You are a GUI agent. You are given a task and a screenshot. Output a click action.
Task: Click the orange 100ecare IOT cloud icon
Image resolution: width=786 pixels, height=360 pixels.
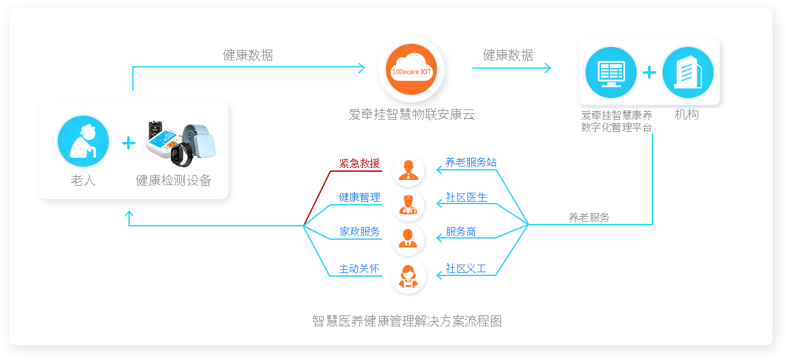point(411,70)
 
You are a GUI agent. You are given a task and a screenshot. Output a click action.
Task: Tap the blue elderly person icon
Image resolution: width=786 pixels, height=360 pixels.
point(83,141)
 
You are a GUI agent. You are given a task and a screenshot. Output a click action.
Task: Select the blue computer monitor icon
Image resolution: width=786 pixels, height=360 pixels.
point(610,73)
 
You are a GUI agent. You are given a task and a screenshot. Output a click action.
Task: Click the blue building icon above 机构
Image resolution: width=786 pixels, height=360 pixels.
point(687,73)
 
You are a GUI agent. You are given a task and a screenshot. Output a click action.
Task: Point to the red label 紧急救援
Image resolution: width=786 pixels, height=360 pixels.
point(359,163)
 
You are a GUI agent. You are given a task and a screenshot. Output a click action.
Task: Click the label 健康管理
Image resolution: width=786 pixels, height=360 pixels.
point(359,197)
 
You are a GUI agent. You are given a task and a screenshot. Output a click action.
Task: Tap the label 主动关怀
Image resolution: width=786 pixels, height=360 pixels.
point(359,268)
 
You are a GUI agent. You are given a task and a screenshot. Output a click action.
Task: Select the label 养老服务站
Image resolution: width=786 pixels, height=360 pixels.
point(471,162)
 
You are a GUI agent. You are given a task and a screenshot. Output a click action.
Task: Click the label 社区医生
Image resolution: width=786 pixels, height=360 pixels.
point(466,197)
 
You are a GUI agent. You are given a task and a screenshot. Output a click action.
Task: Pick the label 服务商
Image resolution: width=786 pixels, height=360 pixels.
point(461,232)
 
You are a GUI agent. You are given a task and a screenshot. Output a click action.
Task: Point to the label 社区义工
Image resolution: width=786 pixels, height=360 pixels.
point(465,268)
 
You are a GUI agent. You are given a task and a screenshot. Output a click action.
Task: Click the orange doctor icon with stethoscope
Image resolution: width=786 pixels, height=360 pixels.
point(408,204)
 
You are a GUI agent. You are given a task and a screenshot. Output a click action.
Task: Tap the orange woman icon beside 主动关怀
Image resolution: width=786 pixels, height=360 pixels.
point(408,276)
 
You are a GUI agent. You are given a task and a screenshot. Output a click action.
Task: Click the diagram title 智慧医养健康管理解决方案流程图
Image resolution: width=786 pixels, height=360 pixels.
point(407,321)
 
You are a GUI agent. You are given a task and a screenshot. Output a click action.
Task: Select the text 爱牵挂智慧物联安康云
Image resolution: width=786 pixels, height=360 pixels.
point(411,114)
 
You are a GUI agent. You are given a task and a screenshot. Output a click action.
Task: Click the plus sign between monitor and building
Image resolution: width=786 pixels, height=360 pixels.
point(649,73)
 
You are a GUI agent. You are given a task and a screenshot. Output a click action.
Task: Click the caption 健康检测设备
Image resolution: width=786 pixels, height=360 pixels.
point(174,181)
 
